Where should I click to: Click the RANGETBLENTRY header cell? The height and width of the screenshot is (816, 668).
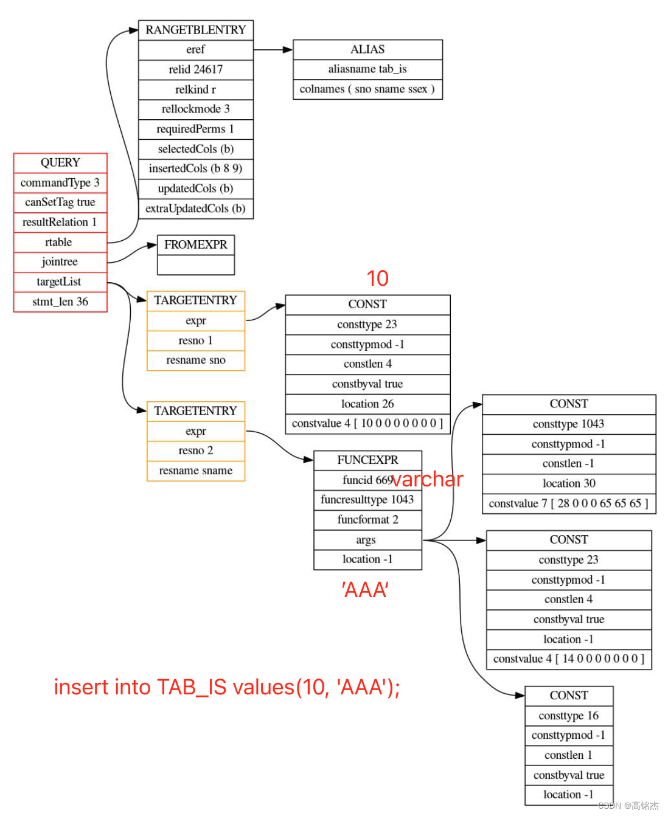195,30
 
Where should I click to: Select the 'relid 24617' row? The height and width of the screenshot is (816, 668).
195,69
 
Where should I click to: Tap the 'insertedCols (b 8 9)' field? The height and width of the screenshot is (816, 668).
195,168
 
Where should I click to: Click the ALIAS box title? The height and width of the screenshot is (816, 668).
367,49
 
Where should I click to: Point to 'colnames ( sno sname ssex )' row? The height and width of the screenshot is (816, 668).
367,89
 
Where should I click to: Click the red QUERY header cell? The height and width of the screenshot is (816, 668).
60,162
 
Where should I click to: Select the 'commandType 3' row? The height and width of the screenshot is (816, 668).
60,182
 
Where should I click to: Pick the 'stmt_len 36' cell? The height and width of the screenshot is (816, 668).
60,302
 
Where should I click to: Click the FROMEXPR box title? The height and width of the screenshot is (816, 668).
195,244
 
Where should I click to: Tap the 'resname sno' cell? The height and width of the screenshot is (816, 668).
195,360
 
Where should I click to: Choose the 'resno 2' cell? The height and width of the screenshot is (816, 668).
195,451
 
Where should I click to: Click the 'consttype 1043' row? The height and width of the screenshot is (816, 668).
568,424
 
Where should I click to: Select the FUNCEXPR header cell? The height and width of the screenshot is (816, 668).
367,460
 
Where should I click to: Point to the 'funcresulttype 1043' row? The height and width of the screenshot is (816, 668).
367,500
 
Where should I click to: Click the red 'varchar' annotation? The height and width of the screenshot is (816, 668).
427,479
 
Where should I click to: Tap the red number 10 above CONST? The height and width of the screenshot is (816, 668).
377,278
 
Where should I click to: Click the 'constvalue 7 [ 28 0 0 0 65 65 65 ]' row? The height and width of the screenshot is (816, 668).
568,503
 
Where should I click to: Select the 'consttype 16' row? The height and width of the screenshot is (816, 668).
568,716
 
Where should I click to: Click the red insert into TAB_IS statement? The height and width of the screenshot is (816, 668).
227,687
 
